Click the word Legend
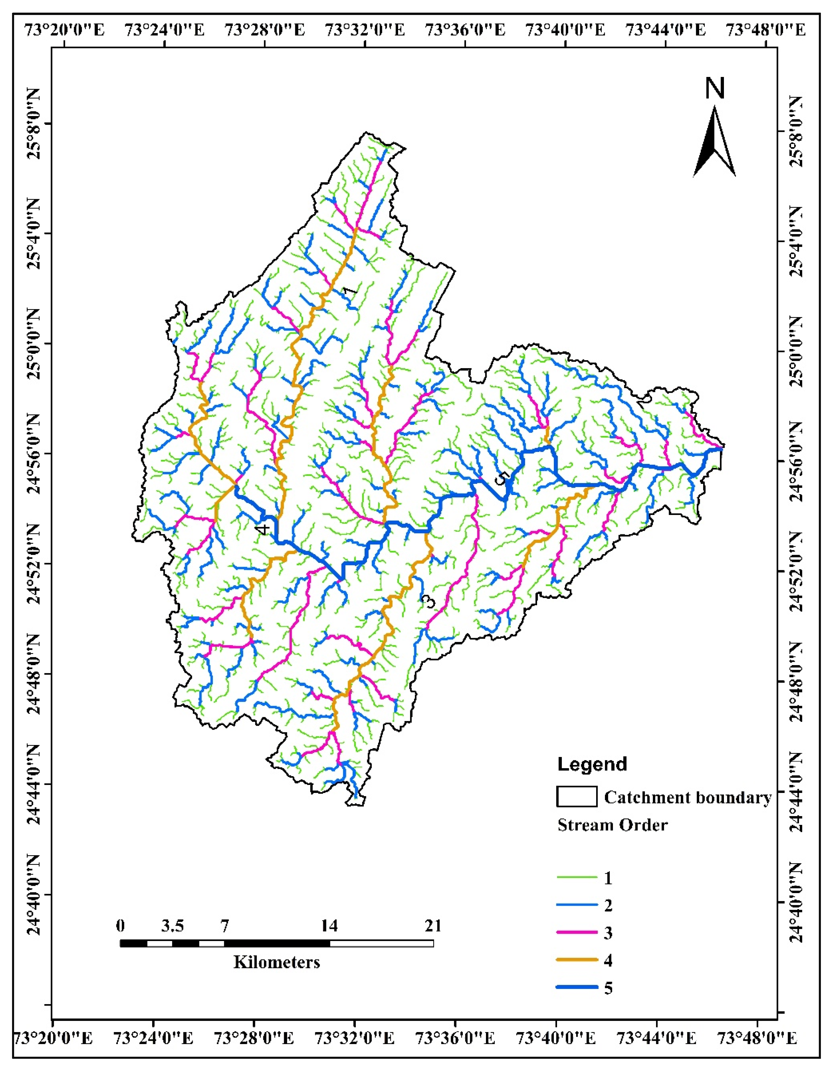pos(592,764)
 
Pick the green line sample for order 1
pos(577,877)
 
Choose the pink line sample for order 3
pos(577,932)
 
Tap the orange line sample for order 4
pos(577,959)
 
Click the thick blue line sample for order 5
pos(577,987)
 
